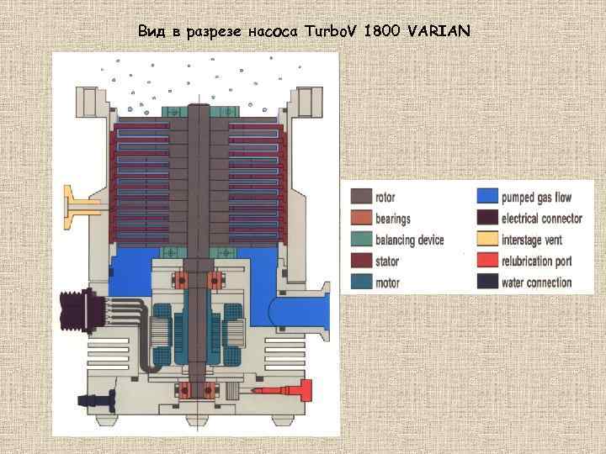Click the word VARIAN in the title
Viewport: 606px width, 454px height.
(439, 32)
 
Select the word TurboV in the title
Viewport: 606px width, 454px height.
(331, 32)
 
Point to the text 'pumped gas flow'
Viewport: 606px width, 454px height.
(537, 198)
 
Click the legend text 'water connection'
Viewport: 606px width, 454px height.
(537, 282)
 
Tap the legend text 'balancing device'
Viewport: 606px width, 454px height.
(410, 240)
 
